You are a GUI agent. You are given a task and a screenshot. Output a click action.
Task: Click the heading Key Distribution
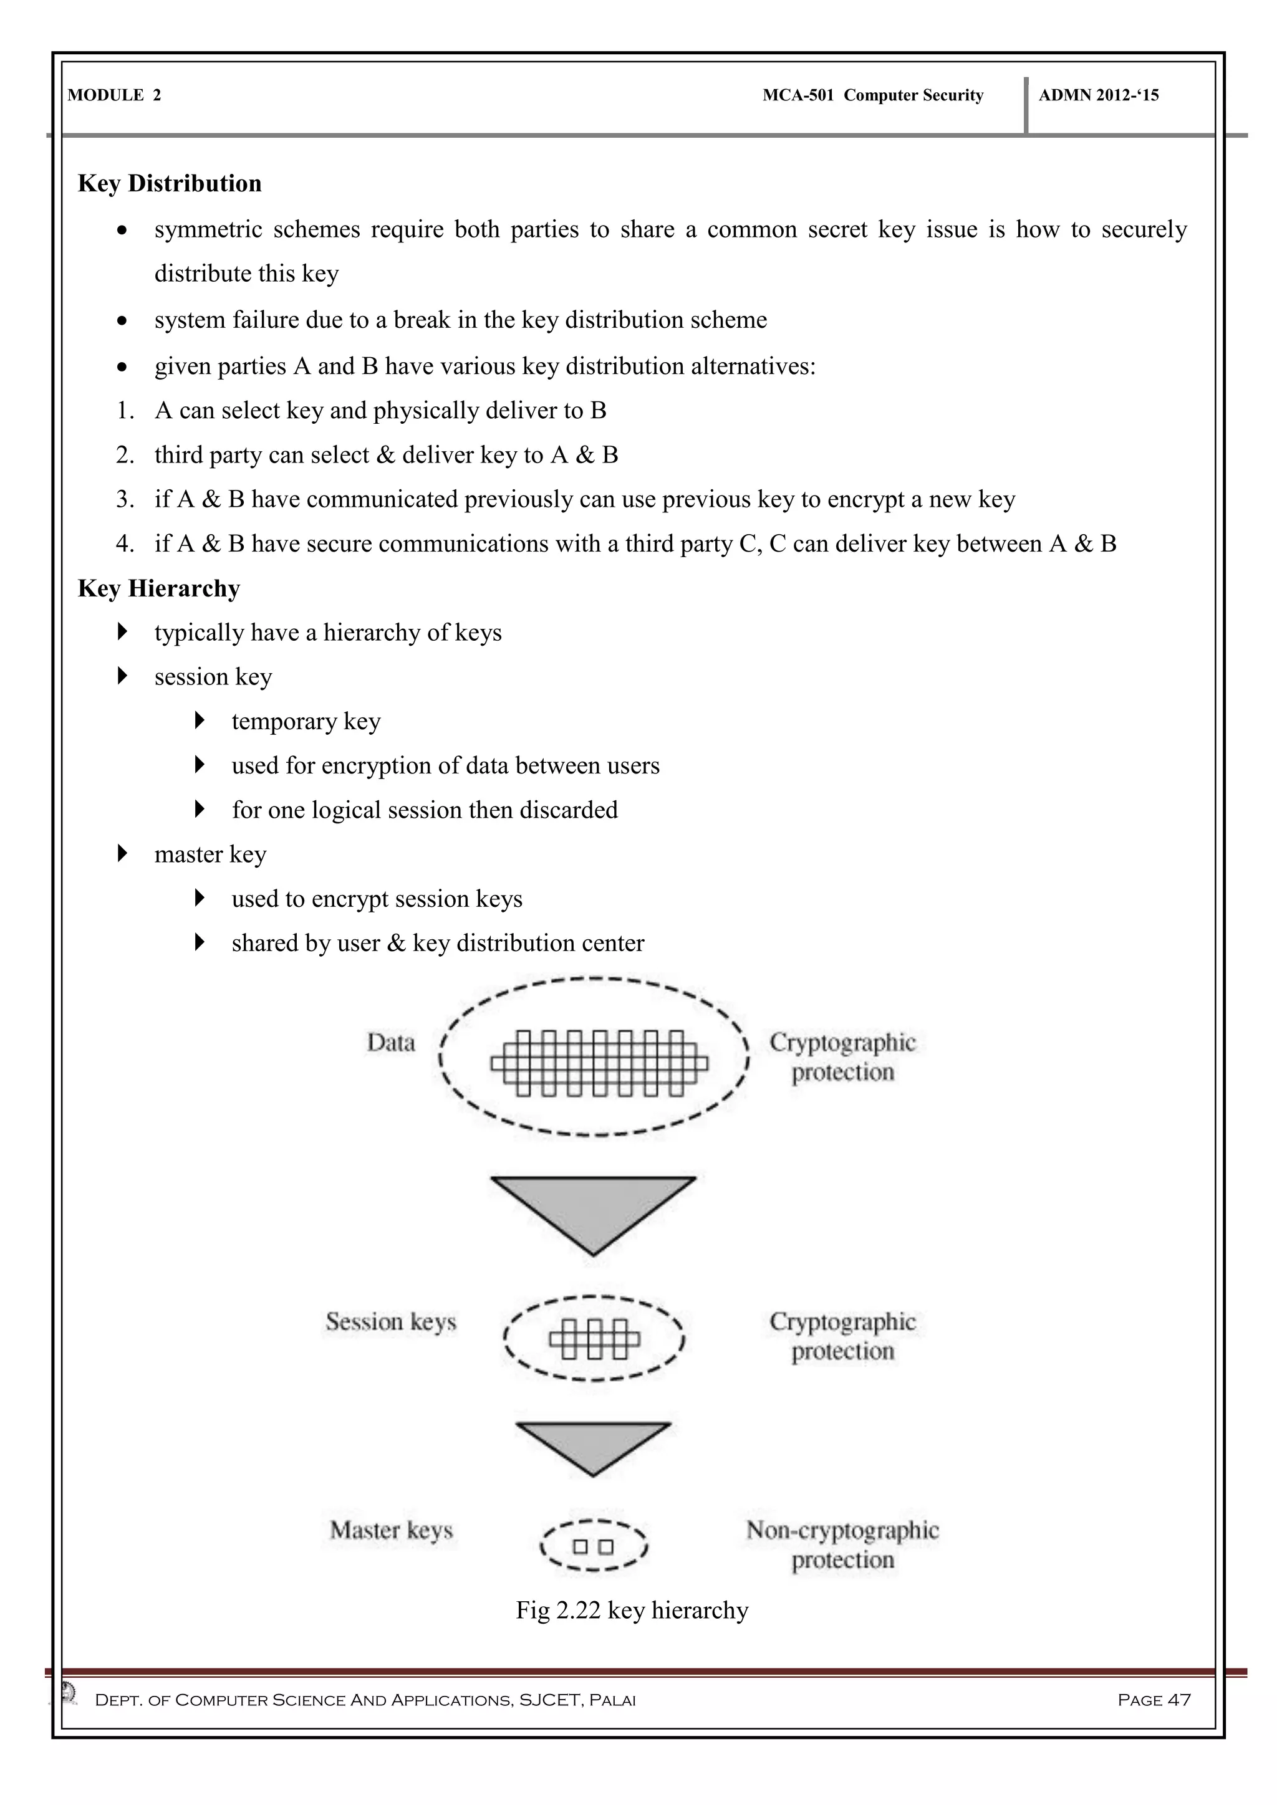pos(170,183)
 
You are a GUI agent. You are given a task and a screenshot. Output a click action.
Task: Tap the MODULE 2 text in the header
pos(114,95)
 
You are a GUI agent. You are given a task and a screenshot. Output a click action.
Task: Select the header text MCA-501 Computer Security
pos(873,95)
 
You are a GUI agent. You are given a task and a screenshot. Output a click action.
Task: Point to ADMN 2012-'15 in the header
pos(1099,95)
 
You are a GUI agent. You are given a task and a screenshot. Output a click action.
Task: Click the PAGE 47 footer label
pos(1154,1700)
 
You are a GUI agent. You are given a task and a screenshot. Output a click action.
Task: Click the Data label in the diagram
pos(391,1043)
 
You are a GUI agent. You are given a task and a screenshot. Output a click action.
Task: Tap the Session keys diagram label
pos(391,1321)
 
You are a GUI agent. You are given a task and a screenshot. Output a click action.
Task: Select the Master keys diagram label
pos(392,1530)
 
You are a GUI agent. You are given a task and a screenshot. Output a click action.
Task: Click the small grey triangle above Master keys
pos(593,1444)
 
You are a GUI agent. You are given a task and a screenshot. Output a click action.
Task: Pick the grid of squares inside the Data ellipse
pos(599,1063)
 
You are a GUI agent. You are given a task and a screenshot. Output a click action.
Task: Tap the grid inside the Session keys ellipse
pos(594,1339)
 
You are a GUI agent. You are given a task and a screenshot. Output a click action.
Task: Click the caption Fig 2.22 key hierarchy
pos(632,1610)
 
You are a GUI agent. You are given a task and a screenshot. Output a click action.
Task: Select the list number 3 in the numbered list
pos(125,499)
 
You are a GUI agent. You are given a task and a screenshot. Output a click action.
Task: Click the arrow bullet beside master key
pos(122,853)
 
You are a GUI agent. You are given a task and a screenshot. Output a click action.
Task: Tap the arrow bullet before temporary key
pos(200,720)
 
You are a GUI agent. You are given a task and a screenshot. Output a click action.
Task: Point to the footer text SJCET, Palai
pos(577,1700)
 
